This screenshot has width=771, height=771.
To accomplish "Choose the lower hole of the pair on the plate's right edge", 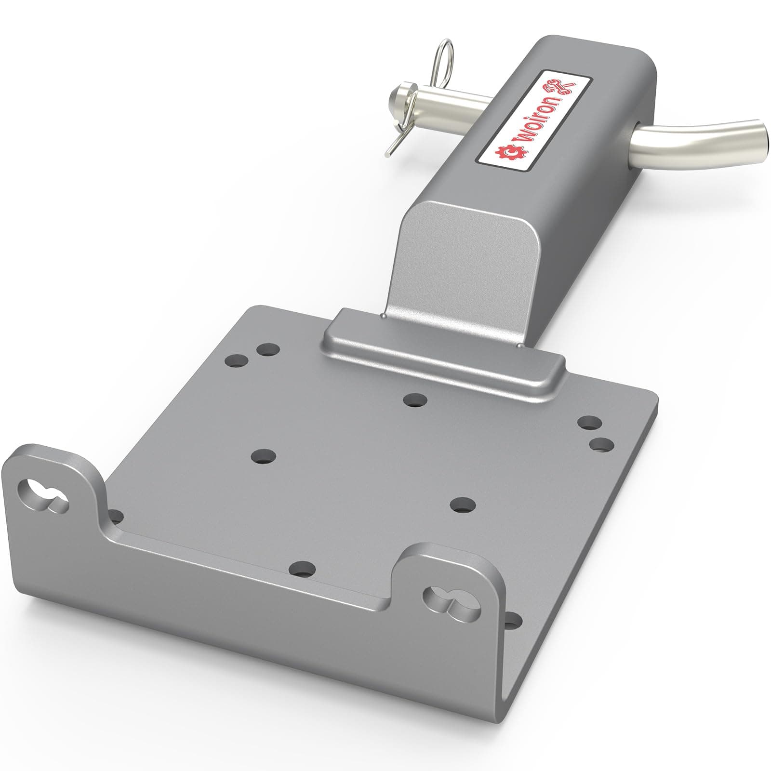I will (x=601, y=444).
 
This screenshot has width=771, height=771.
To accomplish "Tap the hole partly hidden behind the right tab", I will (x=514, y=619).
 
